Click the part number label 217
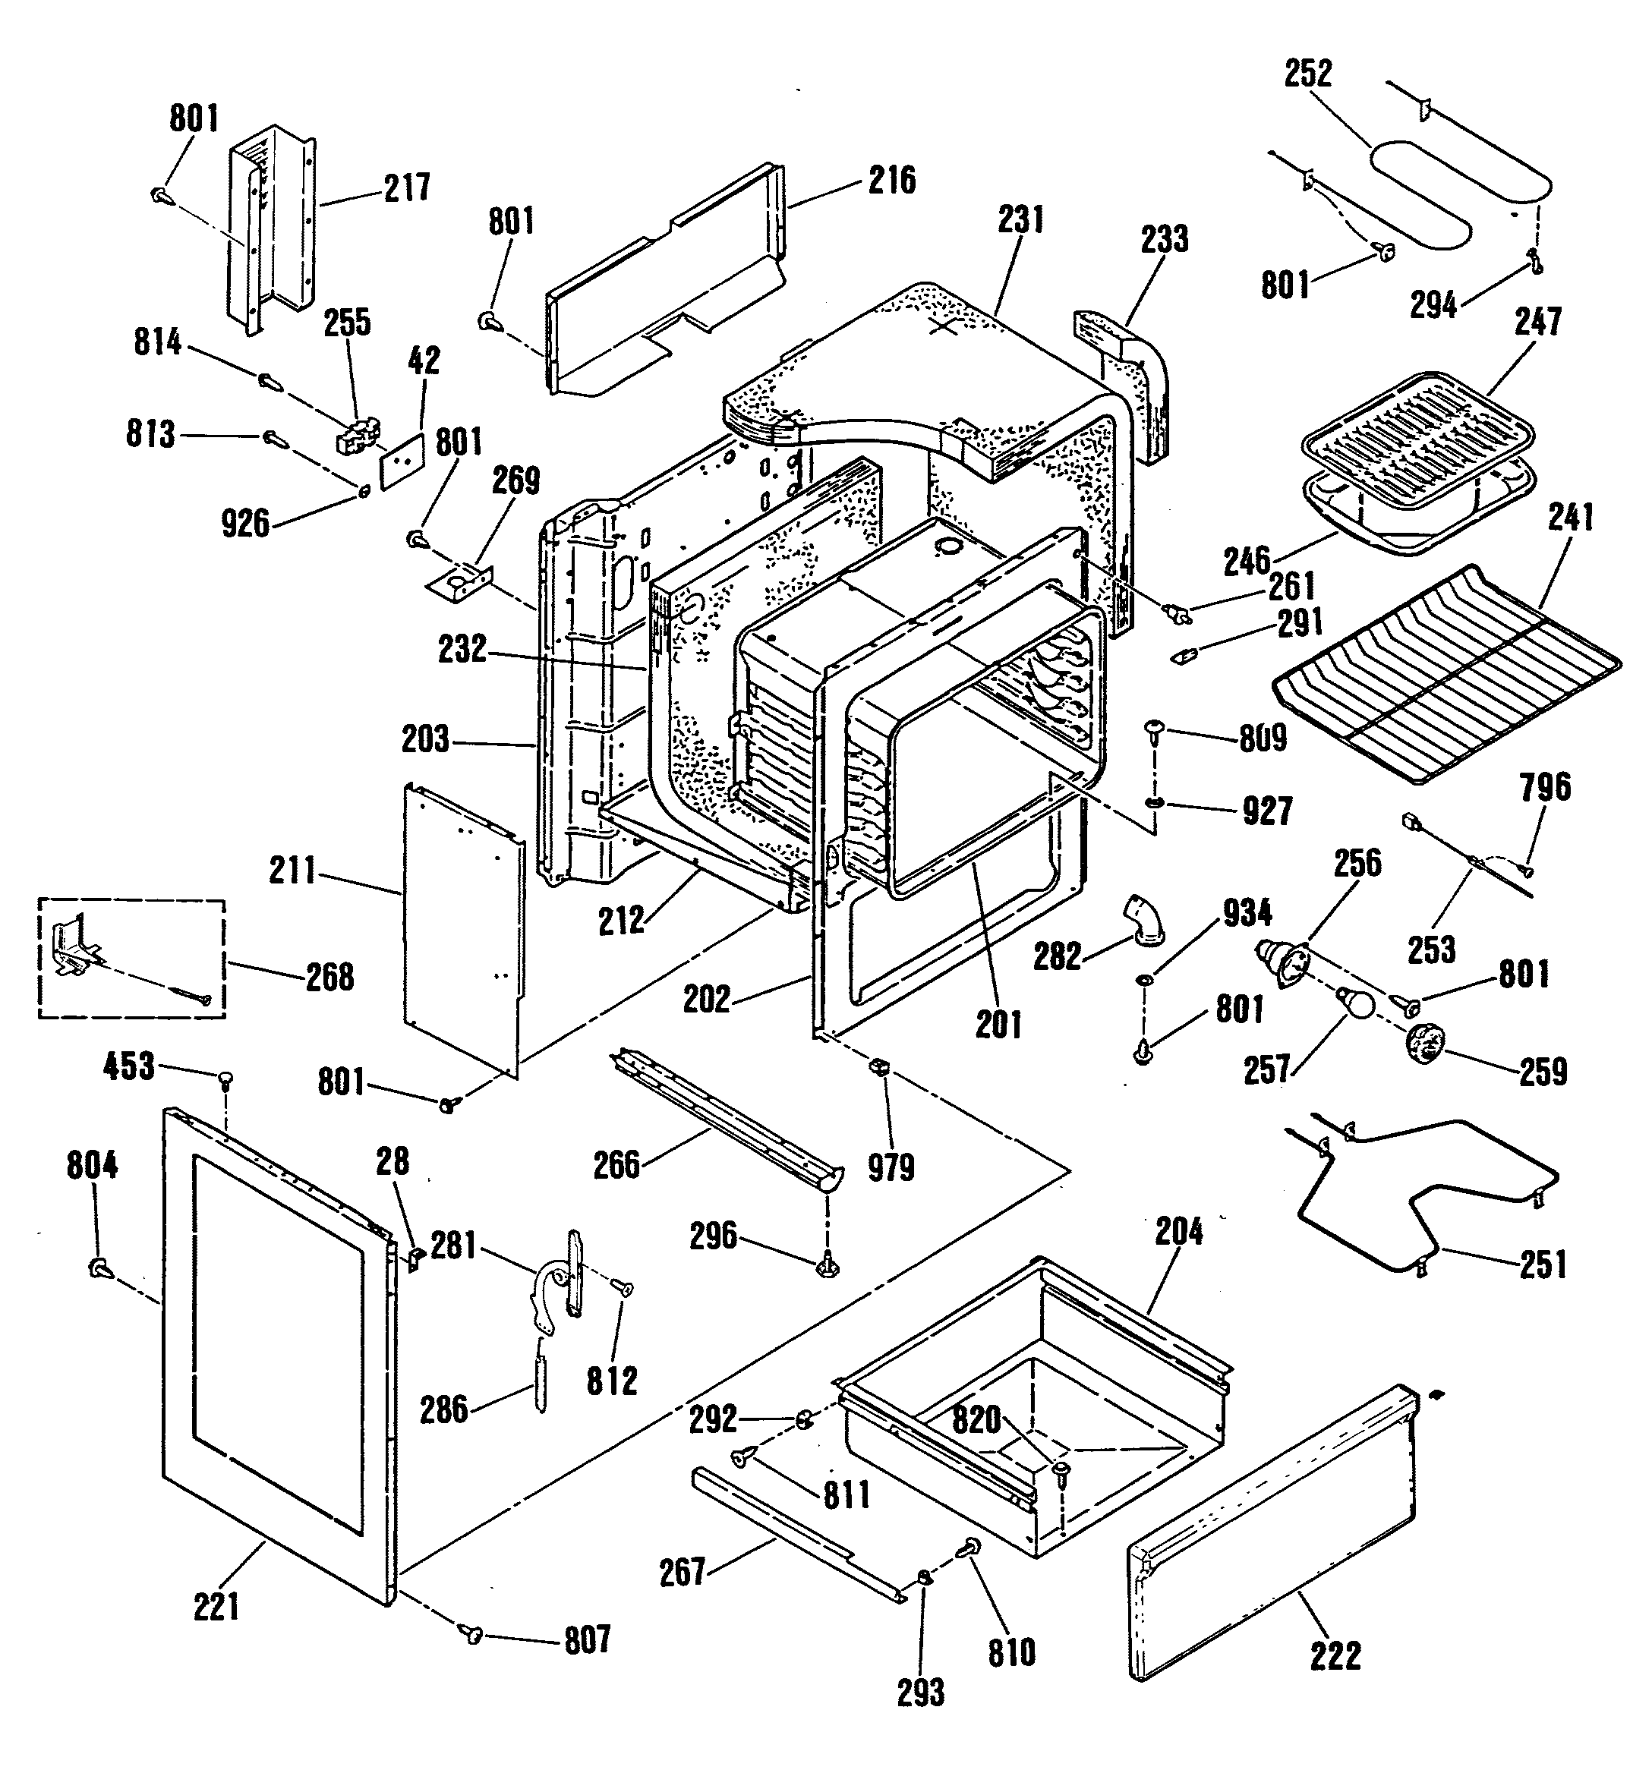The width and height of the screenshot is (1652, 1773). (408, 187)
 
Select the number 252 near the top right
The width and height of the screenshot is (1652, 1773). (1307, 73)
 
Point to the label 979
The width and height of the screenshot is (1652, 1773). (891, 1167)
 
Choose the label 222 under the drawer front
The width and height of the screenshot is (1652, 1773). (1335, 1656)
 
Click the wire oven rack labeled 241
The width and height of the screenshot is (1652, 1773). (1445, 678)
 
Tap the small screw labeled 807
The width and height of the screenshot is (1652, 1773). (471, 1634)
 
